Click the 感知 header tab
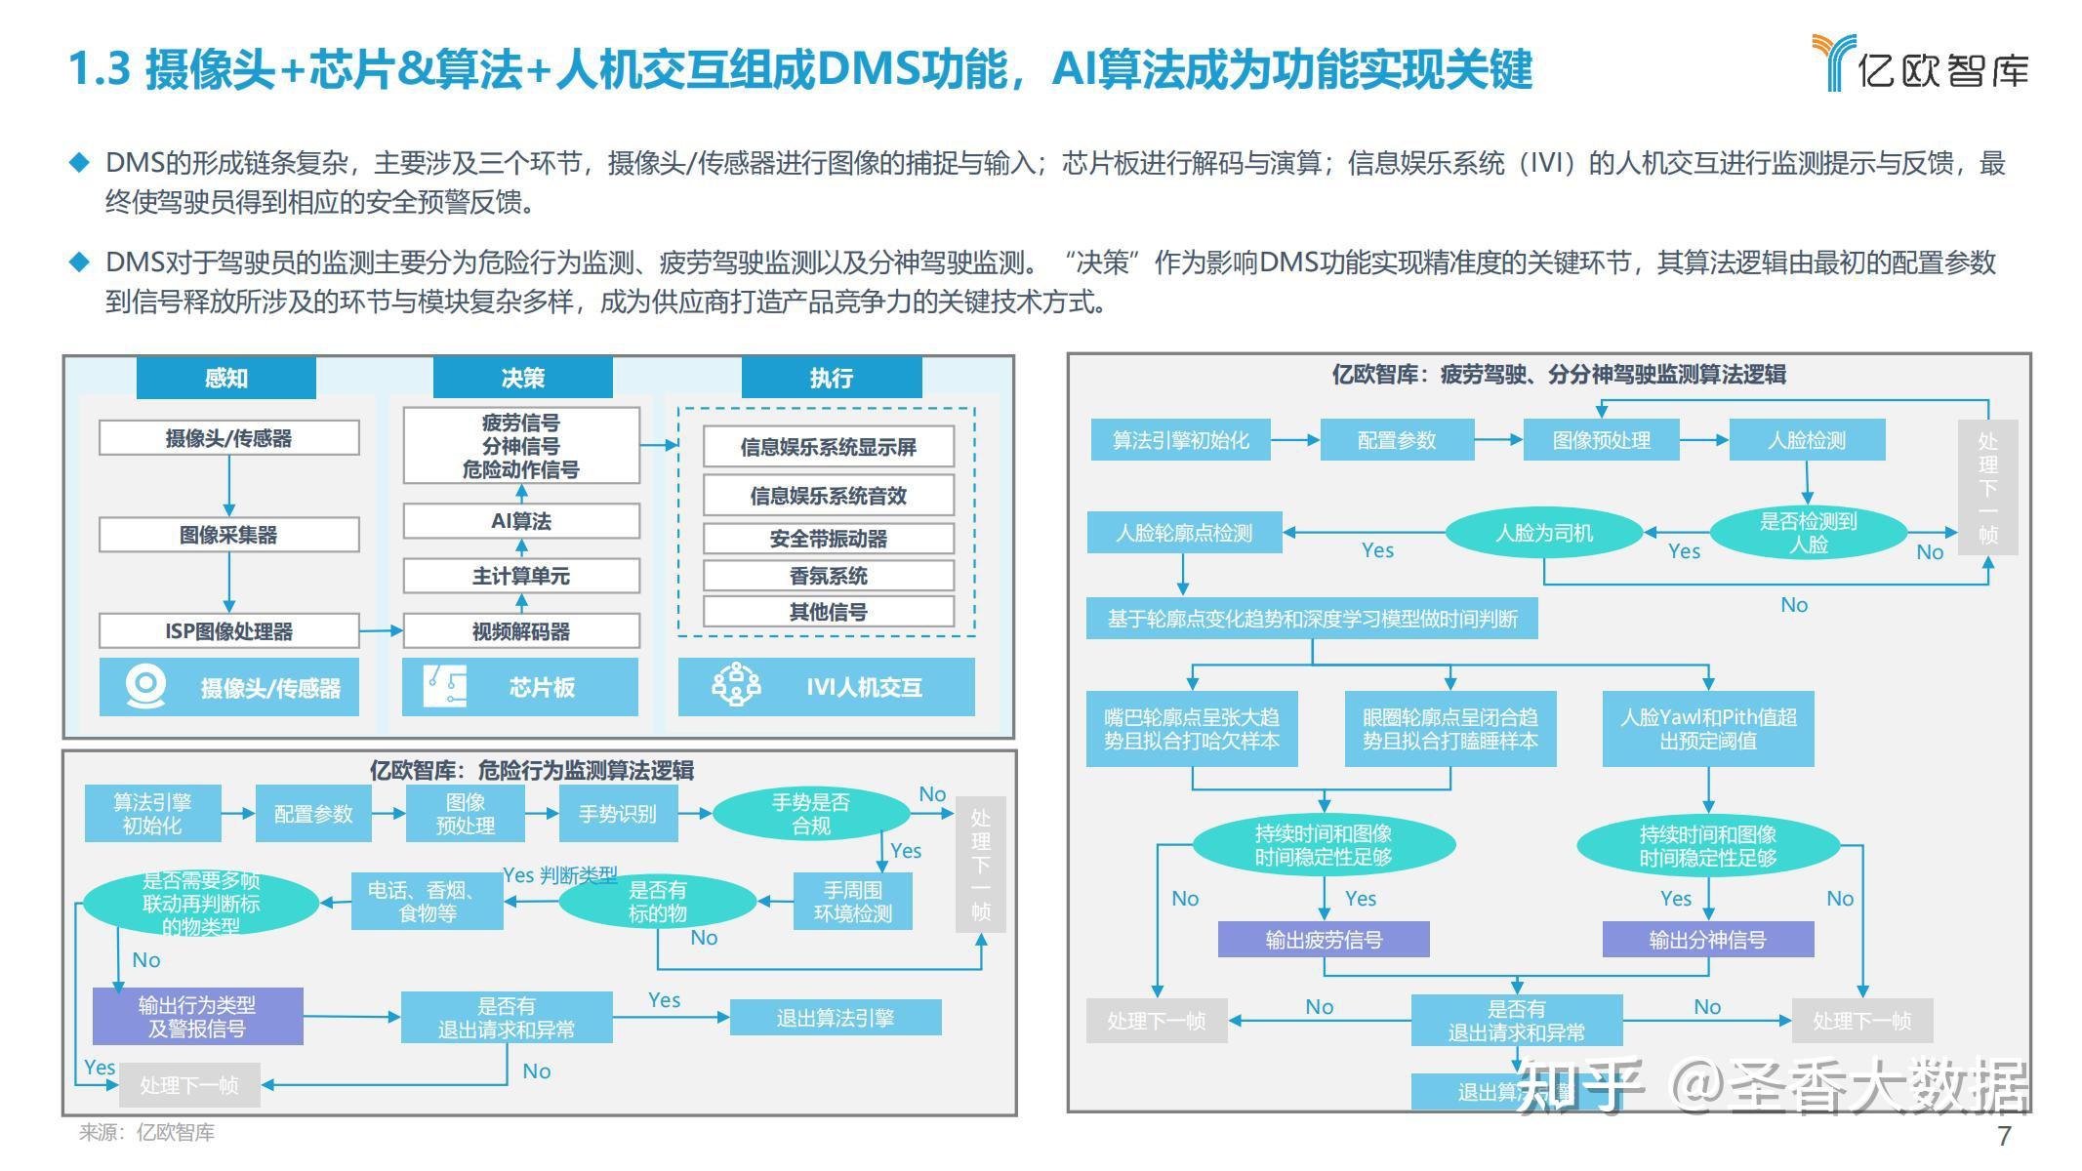pos(225,378)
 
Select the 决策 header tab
pos(522,378)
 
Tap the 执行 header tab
pos(831,378)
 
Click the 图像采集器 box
pos(228,535)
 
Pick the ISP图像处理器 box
pos(228,631)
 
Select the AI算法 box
pos(520,521)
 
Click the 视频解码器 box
pos(520,631)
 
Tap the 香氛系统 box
pos(828,576)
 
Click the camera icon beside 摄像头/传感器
pos(146,686)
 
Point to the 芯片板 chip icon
pos(445,686)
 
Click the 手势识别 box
pos(617,814)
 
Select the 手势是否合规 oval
pos(810,814)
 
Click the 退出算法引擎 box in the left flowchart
pos(835,1018)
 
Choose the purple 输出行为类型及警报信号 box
pos(197,1017)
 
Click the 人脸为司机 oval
pos(1543,533)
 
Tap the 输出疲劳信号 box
pos(1323,940)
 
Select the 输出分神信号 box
pos(1707,940)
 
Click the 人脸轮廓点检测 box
pos(1183,533)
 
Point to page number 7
pos(2004,1136)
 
